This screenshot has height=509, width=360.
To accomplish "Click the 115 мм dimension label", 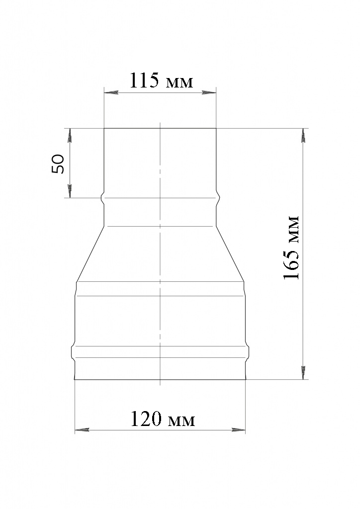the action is coord(161,81).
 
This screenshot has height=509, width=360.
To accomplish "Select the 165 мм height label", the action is coord(291,248).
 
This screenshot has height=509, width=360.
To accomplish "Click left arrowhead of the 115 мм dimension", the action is coord(110,93).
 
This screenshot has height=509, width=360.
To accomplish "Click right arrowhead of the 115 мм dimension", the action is coord(209,93).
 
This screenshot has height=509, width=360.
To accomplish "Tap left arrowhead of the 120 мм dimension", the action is coord(82,430).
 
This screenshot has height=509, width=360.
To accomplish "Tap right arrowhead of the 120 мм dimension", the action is coord(239,430).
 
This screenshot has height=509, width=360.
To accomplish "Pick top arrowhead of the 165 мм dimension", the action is coord(303,136).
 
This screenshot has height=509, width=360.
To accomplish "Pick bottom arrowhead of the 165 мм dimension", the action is coord(303,372).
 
